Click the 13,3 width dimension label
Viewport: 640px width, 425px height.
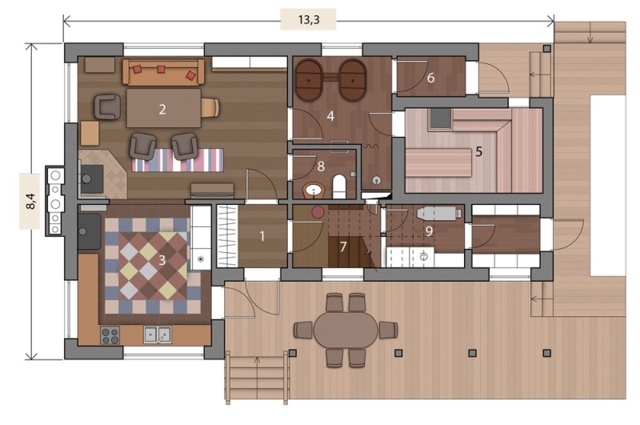[x=309, y=19]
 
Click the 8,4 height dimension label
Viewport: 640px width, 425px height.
[x=30, y=201]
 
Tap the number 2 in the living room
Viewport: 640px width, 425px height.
[x=162, y=109]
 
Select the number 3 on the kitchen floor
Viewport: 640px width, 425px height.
[x=162, y=260]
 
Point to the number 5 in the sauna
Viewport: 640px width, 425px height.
[x=478, y=152]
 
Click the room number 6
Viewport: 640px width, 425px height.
[x=430, y=78]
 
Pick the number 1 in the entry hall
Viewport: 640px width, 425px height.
[x=262, y=236]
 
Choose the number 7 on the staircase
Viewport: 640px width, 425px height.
[x=343, y=247]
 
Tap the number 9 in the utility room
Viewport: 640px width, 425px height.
[x=429, y=231]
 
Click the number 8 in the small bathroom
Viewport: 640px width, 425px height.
[x=321, y=166]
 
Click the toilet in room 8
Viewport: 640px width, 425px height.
[x=339, y=186]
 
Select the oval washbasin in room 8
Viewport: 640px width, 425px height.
[x=314, y=190]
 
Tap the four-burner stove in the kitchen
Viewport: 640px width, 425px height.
[x=110, y=335]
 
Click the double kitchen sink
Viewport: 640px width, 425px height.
[x=158, y=335]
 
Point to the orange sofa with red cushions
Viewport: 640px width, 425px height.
[x=163, y=72]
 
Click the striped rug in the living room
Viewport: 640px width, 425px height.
[x=178, y=160]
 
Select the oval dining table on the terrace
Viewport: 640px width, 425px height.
[x=346, y=330]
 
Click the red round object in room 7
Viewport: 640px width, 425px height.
[x=318, y=212]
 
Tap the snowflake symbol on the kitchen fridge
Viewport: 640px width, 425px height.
[x=201, y=259]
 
